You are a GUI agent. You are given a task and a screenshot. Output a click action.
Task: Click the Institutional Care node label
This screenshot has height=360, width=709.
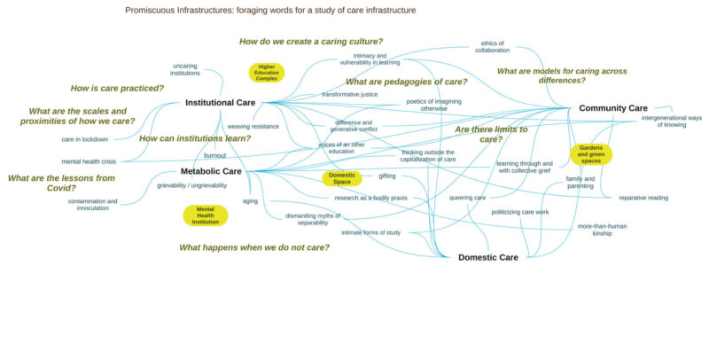[x=220, y=103]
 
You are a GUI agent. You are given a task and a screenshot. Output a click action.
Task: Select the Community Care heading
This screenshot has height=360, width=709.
[x=612, y=108]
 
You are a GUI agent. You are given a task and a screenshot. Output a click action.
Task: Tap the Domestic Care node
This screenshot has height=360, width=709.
[x=487, y=257]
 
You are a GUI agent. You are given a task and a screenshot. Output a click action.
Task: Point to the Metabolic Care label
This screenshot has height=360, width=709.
[x=211, y=171]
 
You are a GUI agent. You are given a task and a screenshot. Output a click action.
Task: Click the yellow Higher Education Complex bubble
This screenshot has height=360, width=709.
[x=267, y=73]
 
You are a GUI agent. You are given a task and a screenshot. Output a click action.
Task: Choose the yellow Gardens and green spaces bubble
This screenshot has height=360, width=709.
[x=591, y=154]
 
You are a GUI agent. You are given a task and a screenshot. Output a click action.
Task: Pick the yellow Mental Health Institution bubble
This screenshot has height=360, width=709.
[x=206, y=215]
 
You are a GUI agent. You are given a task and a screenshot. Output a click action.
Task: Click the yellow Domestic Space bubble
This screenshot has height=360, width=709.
[x=342, y=178]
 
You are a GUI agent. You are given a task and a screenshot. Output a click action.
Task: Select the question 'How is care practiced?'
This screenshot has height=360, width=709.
[x=118, y=88]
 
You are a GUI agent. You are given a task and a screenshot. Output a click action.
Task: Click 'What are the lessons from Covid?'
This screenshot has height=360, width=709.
[x=61, y=183]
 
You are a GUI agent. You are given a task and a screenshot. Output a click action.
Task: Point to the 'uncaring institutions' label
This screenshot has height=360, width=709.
[x=185, y=69]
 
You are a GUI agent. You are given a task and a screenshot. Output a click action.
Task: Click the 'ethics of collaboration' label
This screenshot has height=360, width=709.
[x=492, y=46]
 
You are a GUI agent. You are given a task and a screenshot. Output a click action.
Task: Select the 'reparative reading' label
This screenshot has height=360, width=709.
[x=643, y=198]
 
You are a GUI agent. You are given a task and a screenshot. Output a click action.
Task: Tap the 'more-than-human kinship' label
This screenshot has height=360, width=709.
[x=602, y=230]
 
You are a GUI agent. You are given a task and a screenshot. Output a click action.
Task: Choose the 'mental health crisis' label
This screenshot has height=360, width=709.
[x=89, y=161]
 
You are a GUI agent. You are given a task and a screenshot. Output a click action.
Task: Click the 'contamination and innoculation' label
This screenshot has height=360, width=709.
[x=92, y=205]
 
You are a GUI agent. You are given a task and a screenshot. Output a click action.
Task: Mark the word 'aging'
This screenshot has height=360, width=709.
[x=250, y=201]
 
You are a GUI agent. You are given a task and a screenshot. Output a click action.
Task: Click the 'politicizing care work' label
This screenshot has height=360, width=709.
[x=520, y=212]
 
